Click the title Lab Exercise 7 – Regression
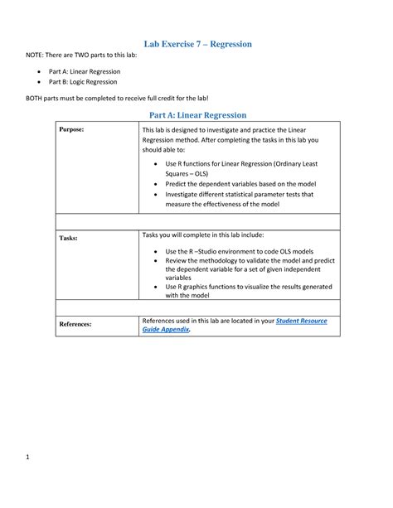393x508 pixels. tap(196, 43)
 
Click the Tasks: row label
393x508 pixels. tap(68, 238)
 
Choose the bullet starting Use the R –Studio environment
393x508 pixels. tap(240, 251)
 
